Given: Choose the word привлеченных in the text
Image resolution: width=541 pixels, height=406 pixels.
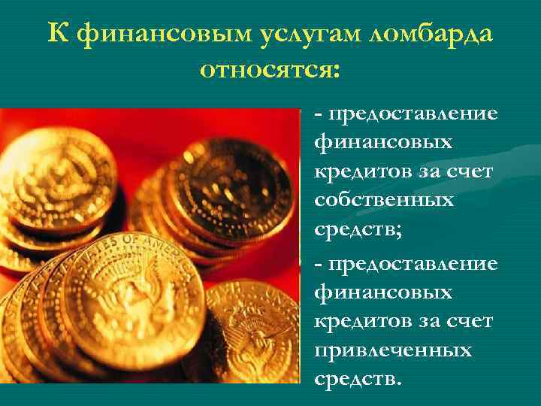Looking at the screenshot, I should pyautogui.click(x=394, y=350).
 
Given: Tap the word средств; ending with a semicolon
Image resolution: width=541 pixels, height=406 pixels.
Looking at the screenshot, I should pyautogui.click(x=358, y=230).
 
